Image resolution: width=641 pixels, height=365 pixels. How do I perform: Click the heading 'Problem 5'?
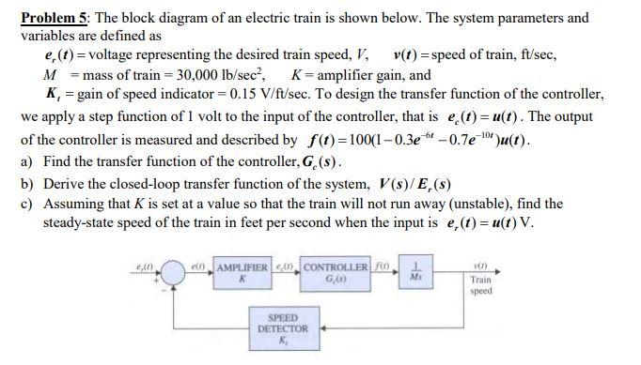53,18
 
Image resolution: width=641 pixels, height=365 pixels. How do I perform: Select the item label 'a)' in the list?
27,160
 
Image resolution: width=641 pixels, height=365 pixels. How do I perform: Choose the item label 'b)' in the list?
27,182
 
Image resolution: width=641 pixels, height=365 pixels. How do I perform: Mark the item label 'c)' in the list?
27,204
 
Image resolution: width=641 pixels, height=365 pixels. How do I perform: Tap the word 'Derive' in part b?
65,182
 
